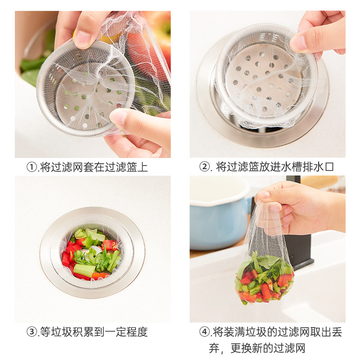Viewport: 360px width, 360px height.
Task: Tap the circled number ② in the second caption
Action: [205, 167]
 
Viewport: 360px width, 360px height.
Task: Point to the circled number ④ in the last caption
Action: [205, 333]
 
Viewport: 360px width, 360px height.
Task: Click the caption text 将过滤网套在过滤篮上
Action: [94, 167]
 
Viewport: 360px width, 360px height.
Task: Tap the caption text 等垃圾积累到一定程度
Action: [94, 333]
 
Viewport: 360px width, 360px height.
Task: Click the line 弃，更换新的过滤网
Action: [257, 348]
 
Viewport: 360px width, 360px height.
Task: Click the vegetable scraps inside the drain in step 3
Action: [92, 253]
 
